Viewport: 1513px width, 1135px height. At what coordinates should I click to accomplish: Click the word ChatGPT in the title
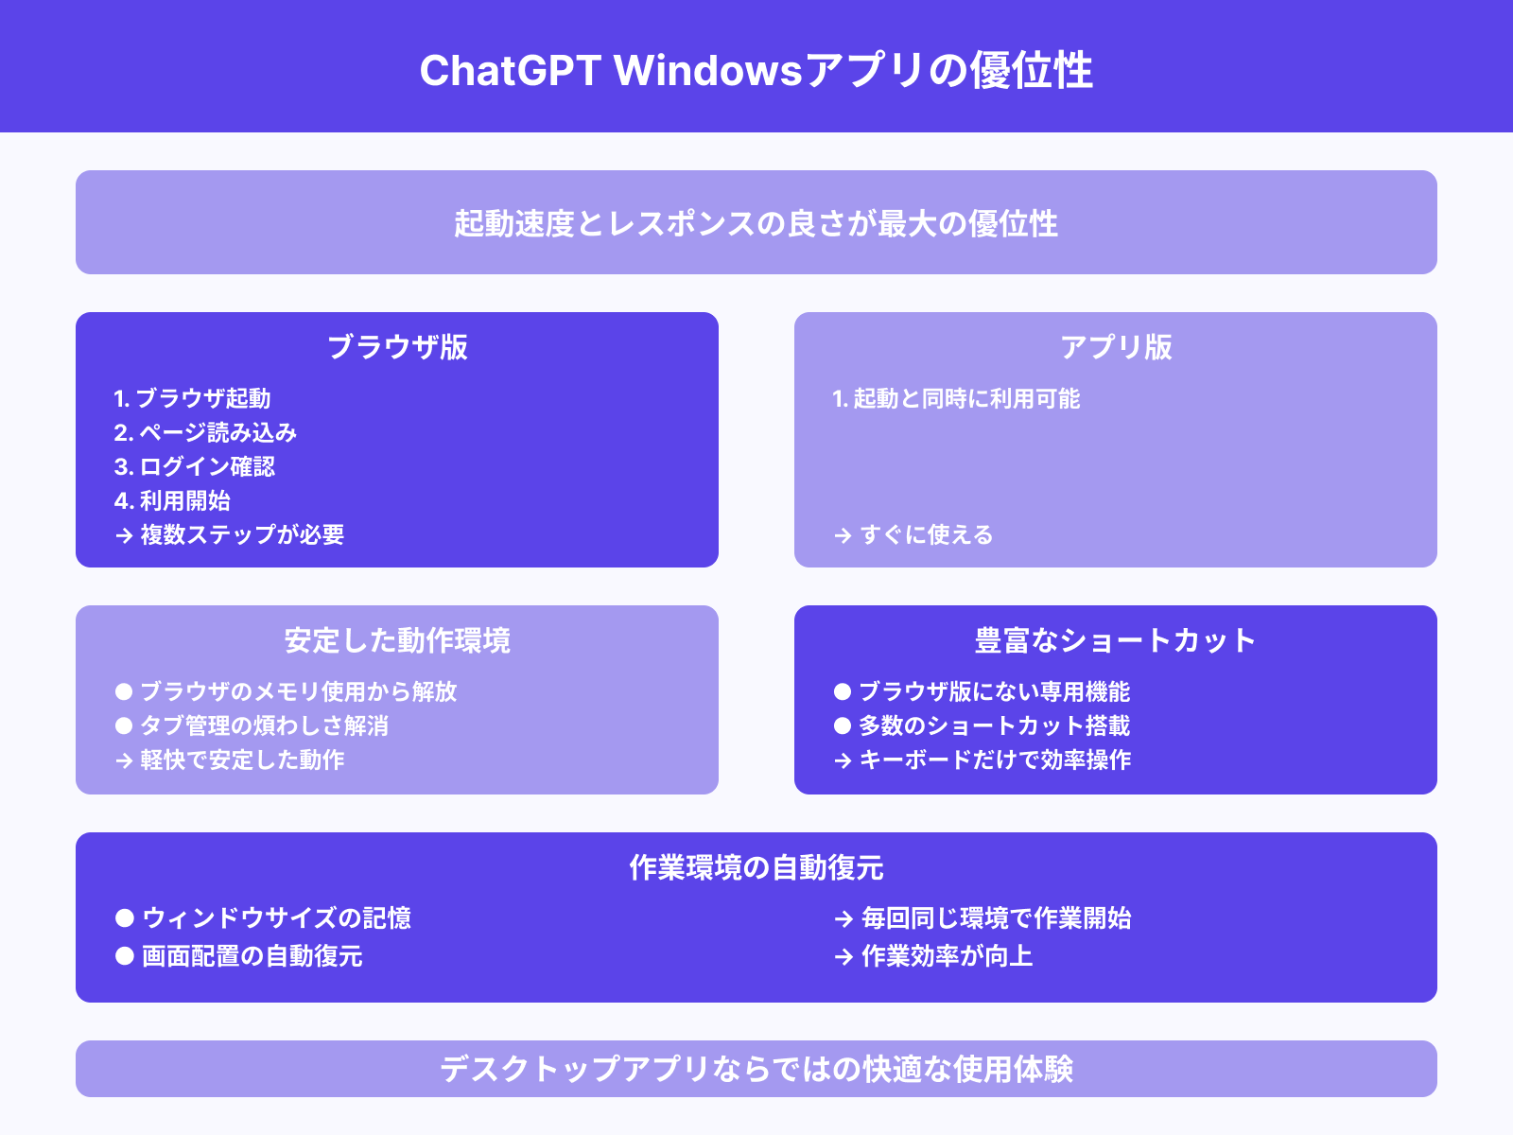[x=510, y=71]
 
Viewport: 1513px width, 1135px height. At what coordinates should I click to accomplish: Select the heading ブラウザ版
[x=397, y=347]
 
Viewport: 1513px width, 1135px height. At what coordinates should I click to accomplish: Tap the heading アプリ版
[x=1116, y=347]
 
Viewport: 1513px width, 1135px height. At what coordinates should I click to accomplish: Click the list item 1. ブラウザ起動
[x=192, y=399]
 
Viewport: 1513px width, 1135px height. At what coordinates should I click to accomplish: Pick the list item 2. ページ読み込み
[x=205, y=433]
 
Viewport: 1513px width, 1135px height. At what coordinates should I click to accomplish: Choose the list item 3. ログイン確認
[x=194, y=467]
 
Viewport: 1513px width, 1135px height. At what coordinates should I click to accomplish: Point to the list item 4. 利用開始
[x=172, y=501]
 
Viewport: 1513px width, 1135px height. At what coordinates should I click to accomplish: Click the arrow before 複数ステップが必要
[x=124, y=536]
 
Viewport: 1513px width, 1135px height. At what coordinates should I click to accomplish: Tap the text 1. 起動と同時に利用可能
[x=956, y=399]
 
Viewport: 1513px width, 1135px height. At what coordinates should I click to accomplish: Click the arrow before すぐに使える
[x=843, y=536]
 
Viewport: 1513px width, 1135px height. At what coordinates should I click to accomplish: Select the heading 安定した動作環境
[x=397, y=641]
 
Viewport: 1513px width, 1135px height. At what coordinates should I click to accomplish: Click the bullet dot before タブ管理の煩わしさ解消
[x=124, y=725]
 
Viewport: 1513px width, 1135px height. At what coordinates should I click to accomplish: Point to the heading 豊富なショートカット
[x=1116, y=641]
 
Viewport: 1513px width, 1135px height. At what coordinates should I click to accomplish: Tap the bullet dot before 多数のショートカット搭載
[x=843, y=725]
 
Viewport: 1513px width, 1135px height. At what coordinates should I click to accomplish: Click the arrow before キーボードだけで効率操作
[x=843, y=760]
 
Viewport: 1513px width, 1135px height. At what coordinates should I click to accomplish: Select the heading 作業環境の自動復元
[x=756, y=867]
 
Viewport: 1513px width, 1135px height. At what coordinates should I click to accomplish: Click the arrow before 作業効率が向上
[x=843, y=957]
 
